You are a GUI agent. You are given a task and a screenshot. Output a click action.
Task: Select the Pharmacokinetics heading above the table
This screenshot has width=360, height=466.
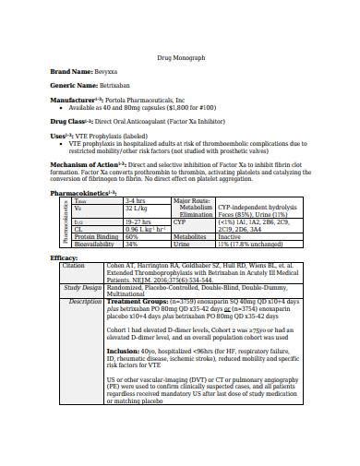[x=81, y=193]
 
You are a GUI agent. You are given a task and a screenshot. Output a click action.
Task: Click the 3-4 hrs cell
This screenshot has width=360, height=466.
[x=135, y=200]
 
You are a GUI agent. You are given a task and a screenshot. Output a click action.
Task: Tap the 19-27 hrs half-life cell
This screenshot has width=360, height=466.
[x=138, y=222]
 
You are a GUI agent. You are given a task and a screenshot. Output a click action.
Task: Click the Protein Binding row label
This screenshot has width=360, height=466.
[x=96, y=236]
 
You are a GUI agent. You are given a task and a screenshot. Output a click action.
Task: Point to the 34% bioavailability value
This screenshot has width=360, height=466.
[x=131, y=244]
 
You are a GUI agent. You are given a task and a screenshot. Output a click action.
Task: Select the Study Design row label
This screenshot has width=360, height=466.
[x=80, y=287]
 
